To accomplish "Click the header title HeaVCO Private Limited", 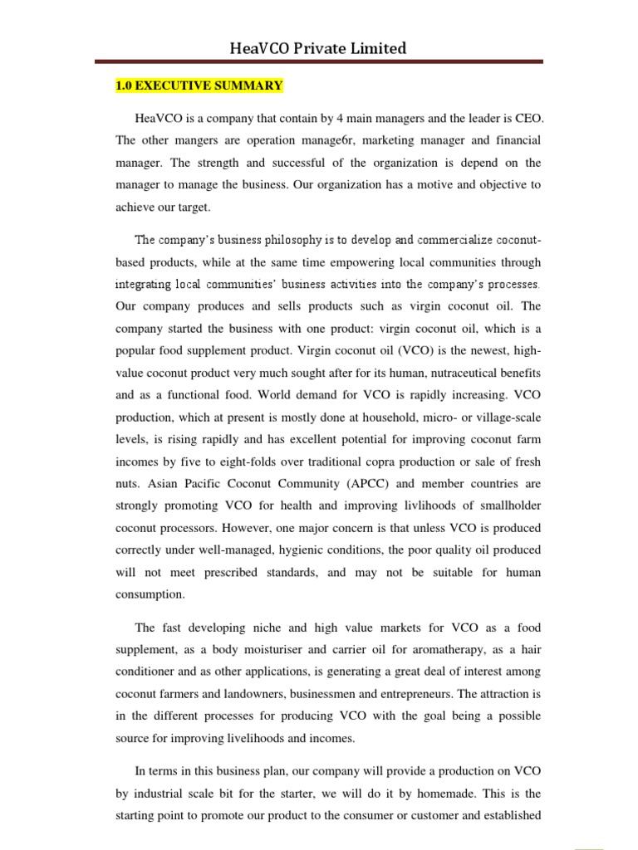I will [318, 48].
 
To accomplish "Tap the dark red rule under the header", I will [318, 61].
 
